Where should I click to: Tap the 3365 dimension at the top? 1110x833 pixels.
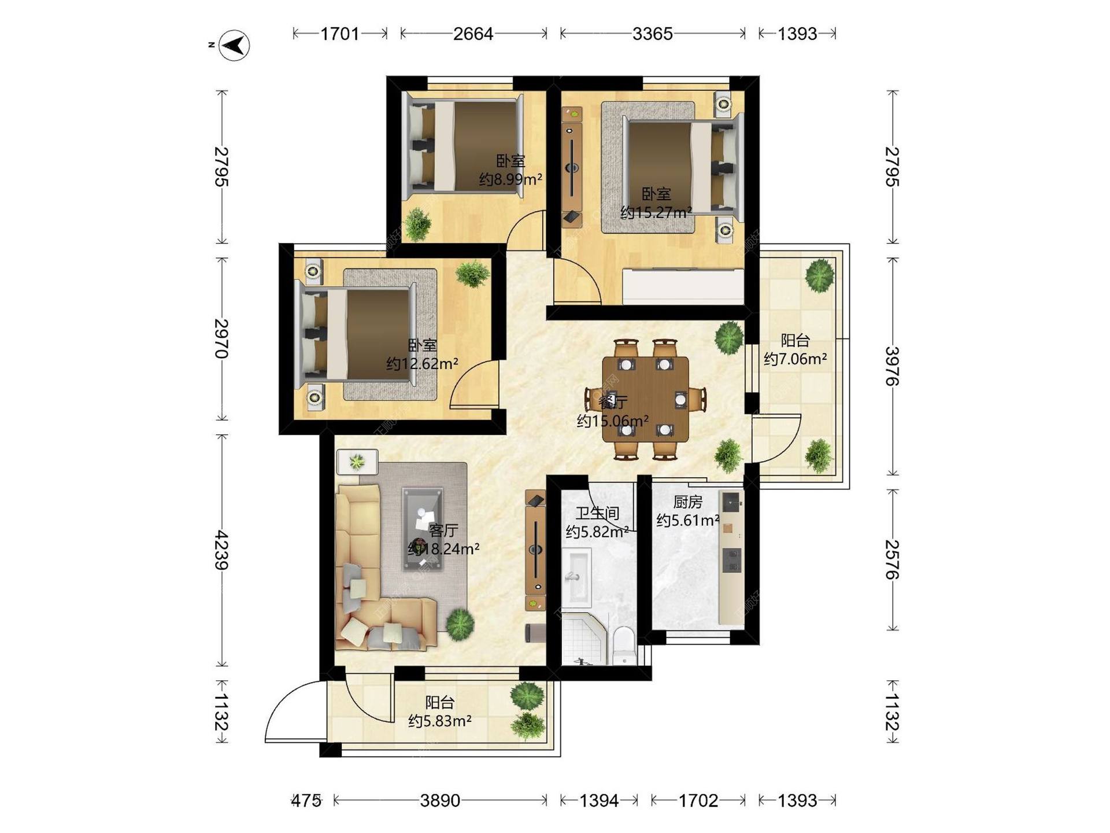click(652, 34)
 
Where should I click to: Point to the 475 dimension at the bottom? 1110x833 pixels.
click(306, 801)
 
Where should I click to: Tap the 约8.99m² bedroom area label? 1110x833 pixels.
click(510, 179)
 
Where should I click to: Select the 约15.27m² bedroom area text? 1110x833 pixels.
click(656, 213)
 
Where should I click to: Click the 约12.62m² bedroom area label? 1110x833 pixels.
click(422, 364)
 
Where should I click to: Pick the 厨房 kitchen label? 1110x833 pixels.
click(687, 502)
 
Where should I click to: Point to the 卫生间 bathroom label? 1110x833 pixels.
click(597, 513)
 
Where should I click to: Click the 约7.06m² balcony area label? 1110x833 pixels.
click(795, 359)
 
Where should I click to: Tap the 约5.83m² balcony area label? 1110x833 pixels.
click(440, 721)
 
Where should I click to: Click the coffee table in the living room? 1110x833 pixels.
click(423, 529)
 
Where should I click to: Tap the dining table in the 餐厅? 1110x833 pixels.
click(645, 399)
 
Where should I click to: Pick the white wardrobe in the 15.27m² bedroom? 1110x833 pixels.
click(683, 286)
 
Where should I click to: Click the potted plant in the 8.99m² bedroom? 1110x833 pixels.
click(417, 224)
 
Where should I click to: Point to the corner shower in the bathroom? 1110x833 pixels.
click(584, 640)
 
